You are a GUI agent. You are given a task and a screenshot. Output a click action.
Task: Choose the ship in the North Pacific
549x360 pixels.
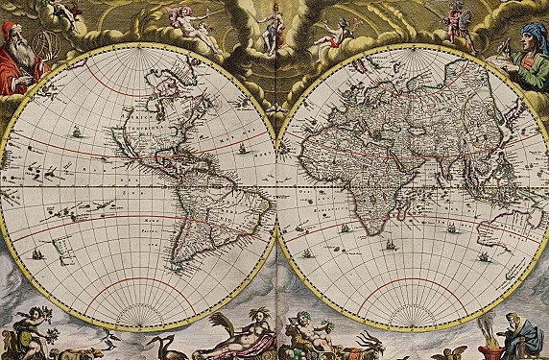click(78, 130)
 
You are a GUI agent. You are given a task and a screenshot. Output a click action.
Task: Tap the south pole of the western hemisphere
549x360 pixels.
click(139, 323)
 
